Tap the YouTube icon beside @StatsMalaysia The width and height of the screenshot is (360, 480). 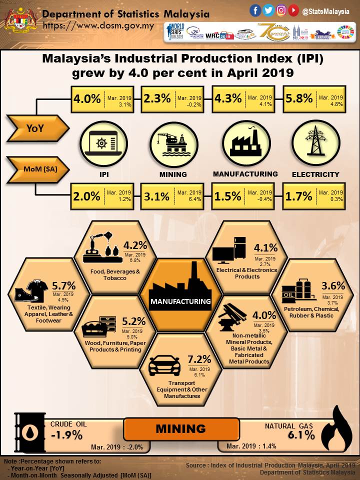tap(294, 10)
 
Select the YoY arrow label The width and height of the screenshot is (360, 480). tap(35, 128)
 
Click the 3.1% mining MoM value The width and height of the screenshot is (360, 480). tap(157, 196)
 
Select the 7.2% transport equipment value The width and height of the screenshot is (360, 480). tap(202, 359)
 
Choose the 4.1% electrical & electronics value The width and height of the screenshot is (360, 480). tap(265, 248)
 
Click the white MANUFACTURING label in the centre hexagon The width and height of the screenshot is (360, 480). tap(180, 301)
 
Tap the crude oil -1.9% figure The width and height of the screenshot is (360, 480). tap(66, 434)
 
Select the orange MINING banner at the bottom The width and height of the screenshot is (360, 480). tap(180, 428)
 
